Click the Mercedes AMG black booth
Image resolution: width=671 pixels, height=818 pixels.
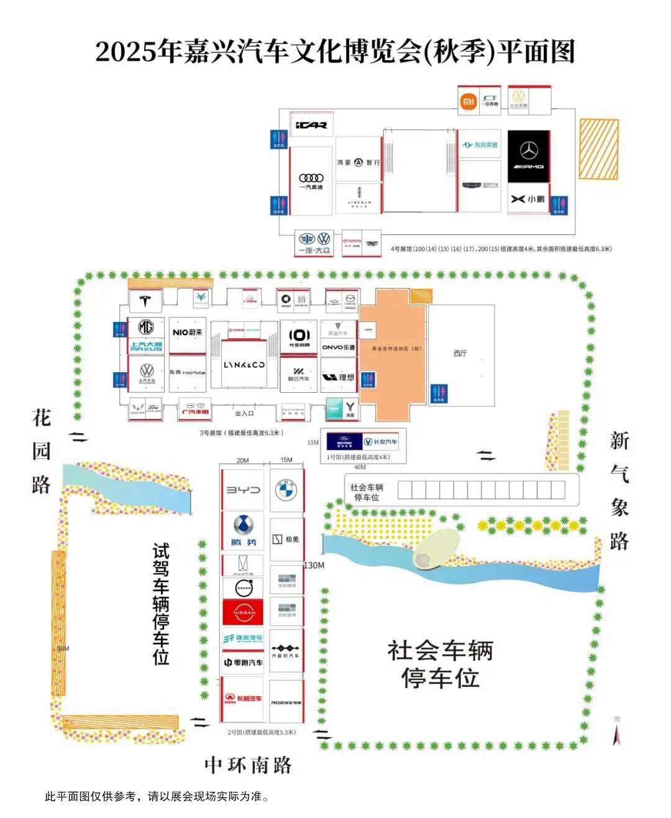[529, 156]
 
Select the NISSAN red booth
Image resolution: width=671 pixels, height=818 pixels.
[244, 612]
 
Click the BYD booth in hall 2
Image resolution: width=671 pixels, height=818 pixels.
[243, 490]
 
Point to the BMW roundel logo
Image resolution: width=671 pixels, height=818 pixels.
[286, 490]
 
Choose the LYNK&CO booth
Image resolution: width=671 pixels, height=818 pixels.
[244, 365]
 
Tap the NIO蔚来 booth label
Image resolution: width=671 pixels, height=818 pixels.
[188, 333]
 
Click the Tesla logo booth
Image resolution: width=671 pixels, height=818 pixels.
[145, 301]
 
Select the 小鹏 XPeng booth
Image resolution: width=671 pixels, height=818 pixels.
[528, 199]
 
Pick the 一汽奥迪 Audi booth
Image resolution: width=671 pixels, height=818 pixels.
[311, 181]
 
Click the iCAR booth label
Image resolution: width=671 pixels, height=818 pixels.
[311, 125]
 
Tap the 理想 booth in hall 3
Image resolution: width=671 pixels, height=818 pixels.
[339, 377]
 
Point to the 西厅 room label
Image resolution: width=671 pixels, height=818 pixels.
[460, 354]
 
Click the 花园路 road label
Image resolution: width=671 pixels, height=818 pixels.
[42, 451]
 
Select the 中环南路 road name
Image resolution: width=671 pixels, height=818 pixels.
[249, 765]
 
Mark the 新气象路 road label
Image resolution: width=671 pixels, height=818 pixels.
[619, 491]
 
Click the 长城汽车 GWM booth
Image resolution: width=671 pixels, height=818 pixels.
[243, 699]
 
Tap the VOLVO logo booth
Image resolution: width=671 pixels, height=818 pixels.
[244, 587]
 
